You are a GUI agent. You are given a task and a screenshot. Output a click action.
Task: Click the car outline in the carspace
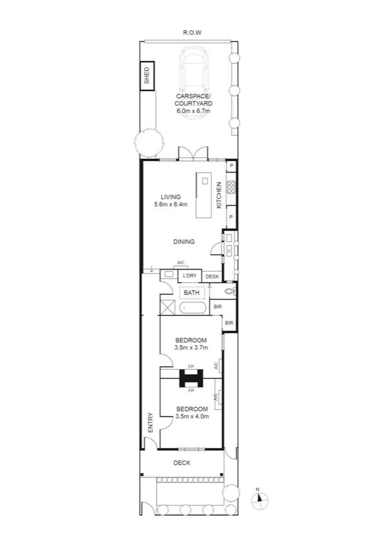(196, 69)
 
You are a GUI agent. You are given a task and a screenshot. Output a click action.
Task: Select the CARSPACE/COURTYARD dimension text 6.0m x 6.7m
(193, 111)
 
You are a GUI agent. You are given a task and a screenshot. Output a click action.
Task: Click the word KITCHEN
(219, 195)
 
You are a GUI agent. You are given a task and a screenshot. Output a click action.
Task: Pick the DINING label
(184, 241)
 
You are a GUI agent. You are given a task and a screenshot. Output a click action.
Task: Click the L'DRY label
(190, 276)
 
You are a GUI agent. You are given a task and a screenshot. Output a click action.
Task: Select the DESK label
(212, 276)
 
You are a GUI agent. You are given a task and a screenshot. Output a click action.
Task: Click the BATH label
(191, 292)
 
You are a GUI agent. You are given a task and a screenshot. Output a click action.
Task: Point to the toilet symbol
(229, 292)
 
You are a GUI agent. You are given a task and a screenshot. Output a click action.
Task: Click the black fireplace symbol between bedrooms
(191, 378)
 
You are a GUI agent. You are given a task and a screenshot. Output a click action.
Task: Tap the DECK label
(182, 463)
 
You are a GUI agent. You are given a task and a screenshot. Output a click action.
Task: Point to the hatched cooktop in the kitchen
(231, 186)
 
